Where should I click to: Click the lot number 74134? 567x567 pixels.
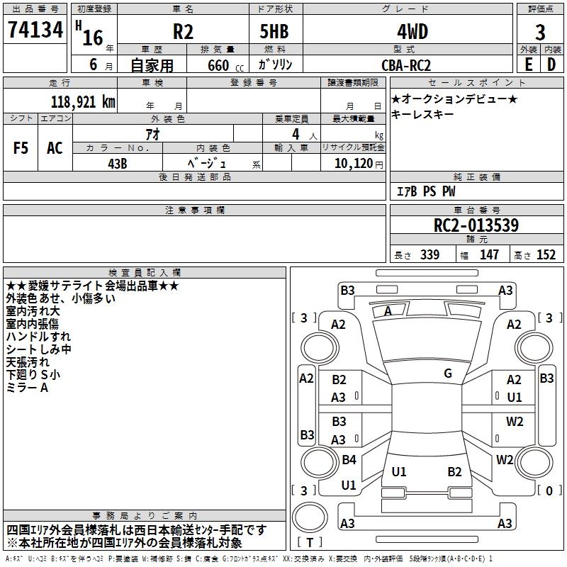[35, 30]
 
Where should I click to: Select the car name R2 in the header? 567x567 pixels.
[183, 32]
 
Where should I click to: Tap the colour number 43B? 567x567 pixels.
[118, 163]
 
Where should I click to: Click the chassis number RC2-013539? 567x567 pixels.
[476, 225]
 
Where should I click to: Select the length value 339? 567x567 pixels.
[430, 254]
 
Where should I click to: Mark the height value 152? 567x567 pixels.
[546, 254]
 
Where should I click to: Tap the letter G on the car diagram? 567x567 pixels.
[448, 373]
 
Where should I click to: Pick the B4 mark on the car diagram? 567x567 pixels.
[349, 459]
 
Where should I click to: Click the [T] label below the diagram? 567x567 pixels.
[312, 543]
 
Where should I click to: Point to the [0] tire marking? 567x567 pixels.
[547, 490]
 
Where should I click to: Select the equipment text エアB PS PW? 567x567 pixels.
[425, 191]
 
